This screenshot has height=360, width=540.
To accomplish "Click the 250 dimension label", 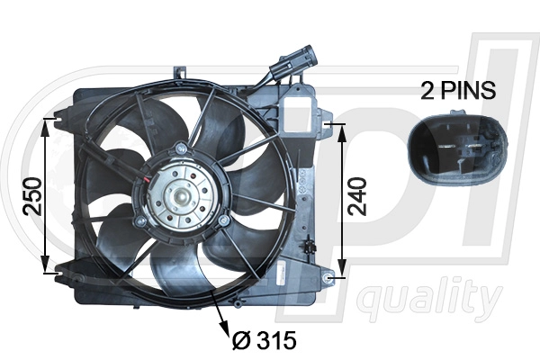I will click(29, 195).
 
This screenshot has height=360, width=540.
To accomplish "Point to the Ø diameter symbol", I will click(240, 342).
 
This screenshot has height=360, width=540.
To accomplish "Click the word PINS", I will click(468, 91).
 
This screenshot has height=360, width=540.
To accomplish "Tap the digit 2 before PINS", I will click(427, 91).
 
